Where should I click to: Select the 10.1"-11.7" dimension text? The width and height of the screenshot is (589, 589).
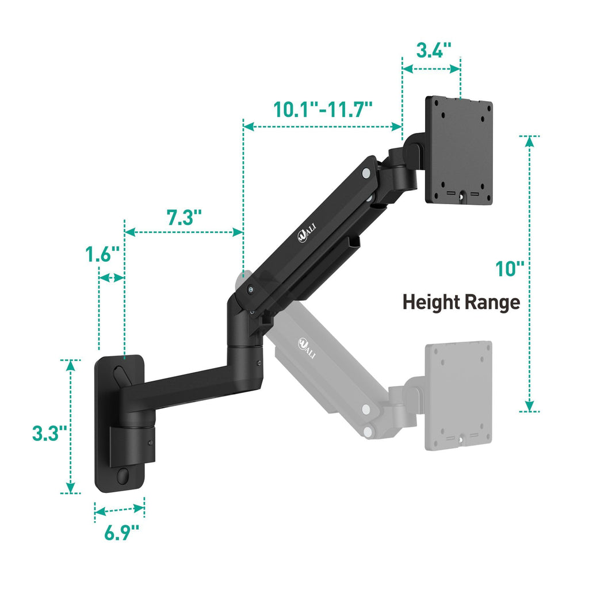(x=323, y=109)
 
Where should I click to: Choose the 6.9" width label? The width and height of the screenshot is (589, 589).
(x=122, y=532)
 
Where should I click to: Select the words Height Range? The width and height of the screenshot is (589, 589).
(x=461, y=302)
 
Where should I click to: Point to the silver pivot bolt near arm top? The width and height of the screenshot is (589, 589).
(x=366, y=172)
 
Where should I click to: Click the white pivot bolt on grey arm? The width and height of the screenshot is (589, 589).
(x=365, y=410)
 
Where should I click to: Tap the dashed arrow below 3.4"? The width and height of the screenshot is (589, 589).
(x=431, y=68)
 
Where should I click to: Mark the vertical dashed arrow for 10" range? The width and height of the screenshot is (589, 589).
(x=529, y=274)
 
